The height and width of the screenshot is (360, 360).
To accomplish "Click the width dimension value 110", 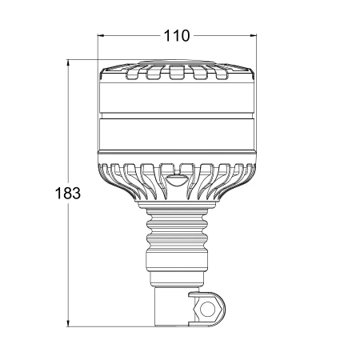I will [x=176, y=36].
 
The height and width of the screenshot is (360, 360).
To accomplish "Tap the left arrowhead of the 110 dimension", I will [x=102, y=36].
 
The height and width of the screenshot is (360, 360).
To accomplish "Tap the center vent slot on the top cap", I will [x=177, y=76].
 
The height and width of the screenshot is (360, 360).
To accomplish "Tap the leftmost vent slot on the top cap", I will [x=133, y=74].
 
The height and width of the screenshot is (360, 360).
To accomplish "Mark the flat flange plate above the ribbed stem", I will [x=177, y=206].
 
